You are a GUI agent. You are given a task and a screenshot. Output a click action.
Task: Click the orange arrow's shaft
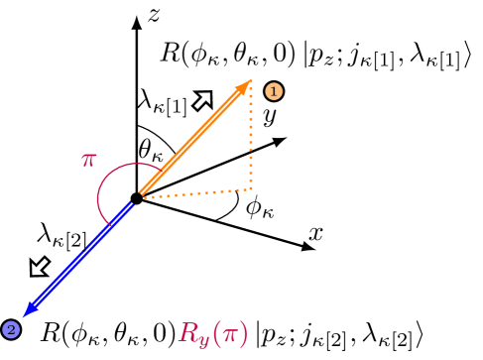tap(193, 138)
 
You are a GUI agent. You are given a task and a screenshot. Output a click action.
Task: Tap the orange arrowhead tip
tap(250, 81)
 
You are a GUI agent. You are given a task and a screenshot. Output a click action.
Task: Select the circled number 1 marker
tap(274, 91)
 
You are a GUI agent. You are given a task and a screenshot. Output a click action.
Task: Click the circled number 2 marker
tap(11, 329)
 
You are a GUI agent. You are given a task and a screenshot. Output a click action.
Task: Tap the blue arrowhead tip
tap(24, 316)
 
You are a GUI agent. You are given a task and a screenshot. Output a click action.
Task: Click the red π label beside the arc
tap(88, 159)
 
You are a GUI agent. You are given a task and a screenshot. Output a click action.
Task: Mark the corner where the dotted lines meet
tap(251, 188)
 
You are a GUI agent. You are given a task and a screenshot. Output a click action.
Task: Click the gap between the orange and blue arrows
tap(137, 197)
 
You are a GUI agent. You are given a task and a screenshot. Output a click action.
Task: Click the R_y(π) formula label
tap(213, 332)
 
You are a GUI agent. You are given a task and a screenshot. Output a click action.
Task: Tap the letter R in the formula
tap(188, 332)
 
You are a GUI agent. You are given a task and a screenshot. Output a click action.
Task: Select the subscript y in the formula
tap(203, 339)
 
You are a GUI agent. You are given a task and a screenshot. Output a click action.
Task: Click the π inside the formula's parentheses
tap(227, 333)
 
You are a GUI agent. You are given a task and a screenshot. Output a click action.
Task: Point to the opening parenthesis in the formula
tap(215, 333)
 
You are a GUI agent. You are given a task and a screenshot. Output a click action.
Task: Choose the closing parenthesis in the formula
tap(242, 333)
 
